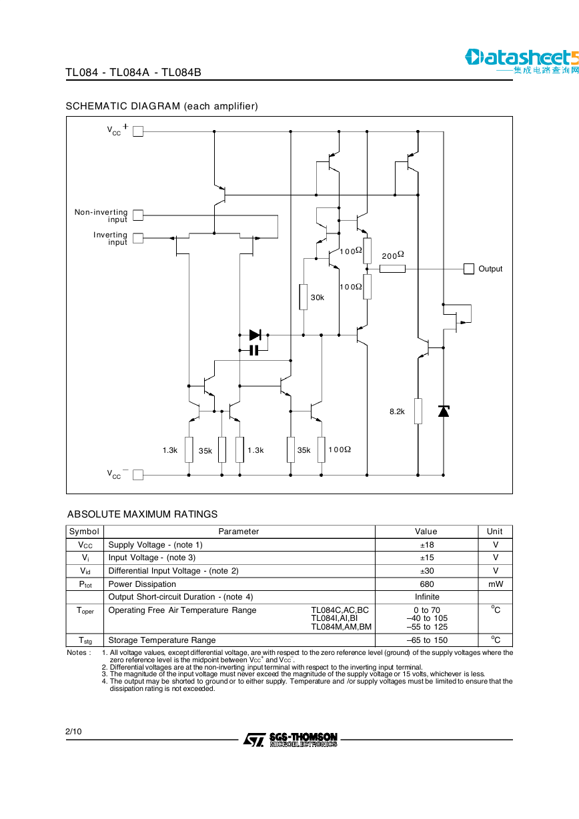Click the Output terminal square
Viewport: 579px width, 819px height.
468,269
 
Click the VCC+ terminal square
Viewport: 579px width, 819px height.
138,131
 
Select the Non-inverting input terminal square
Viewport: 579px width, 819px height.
138,215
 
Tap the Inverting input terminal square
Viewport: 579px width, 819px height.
138,238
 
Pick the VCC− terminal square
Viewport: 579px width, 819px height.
138,475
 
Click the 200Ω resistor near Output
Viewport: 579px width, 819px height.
392,269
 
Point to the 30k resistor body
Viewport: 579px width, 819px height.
304,297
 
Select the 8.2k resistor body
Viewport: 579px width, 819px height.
418,411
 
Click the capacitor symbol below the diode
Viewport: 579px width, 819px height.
254,350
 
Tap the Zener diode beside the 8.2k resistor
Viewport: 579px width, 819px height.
444,411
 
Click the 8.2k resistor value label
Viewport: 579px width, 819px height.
397,412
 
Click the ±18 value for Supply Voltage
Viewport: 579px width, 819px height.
426,545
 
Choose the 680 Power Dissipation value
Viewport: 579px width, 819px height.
426,584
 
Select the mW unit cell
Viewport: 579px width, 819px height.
495,584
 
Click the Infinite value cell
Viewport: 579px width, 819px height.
426,597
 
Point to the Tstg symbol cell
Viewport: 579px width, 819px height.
85,640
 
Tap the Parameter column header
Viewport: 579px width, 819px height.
239,532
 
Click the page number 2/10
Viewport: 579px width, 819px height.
73,731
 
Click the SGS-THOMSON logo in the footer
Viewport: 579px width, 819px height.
290,739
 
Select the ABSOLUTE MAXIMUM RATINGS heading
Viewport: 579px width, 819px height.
142,514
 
